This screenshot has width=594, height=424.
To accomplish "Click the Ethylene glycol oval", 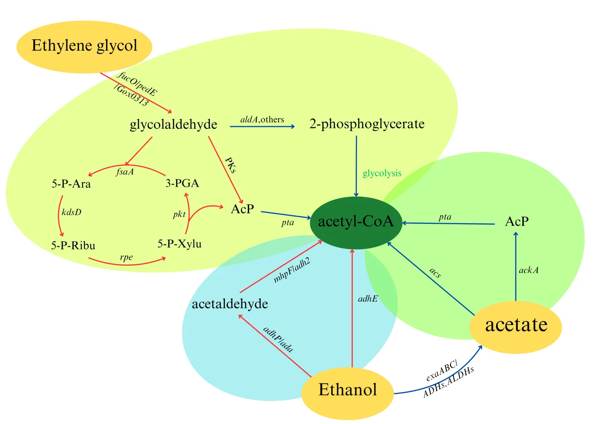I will point(84,46).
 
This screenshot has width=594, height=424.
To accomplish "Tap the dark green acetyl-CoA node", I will point(356,222).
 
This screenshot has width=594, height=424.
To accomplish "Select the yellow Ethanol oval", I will point(347,390).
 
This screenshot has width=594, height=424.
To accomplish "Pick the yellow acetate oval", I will point(516,325).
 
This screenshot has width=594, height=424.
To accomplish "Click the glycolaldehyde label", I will point(173,124).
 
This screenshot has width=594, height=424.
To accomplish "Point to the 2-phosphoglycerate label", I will point(367,124).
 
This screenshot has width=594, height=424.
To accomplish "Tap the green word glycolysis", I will point(382,173).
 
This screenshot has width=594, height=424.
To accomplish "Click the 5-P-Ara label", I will point(71,184).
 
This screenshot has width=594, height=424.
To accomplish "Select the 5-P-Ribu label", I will point(73,245).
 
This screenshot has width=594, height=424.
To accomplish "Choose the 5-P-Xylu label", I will point(180,244).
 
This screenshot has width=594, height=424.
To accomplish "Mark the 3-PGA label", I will point(182,183).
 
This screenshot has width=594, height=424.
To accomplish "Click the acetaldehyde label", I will point(230,304).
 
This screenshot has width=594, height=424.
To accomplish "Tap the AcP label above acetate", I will point(516,222).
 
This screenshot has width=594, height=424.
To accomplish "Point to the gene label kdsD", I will point(72,212).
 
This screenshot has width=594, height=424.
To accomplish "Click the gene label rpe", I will point(126,257).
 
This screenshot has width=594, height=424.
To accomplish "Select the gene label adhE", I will point(368,298).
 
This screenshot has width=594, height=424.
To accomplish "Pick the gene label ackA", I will point(529,270).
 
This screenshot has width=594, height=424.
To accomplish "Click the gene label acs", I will point(435,273).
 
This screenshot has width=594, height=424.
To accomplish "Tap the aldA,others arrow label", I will point(262,119).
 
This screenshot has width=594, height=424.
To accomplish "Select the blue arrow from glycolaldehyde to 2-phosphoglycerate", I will point(262,127).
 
